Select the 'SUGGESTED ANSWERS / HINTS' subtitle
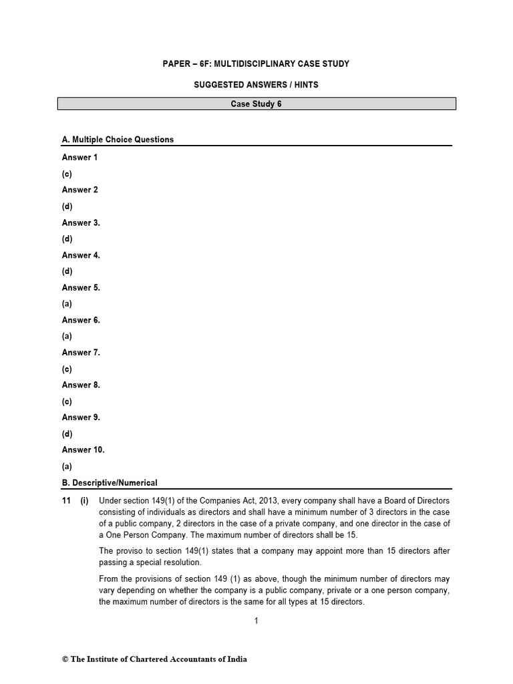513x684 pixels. [257, 85]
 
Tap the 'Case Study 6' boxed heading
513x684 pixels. [257, 104]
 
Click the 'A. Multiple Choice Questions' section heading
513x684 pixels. [118, 140]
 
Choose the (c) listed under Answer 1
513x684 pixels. [67, 174]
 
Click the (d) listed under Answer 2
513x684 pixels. [67, 206]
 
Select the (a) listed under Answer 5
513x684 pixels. [67, 304]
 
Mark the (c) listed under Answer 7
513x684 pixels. [67, 369]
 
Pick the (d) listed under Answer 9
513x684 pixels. [67, 434]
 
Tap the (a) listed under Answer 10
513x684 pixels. [67, 466]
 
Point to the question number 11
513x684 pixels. [67, 501]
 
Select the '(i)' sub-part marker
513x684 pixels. [85, 501]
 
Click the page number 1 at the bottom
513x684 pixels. [256, 621]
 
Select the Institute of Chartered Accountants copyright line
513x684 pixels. [154, 659]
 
